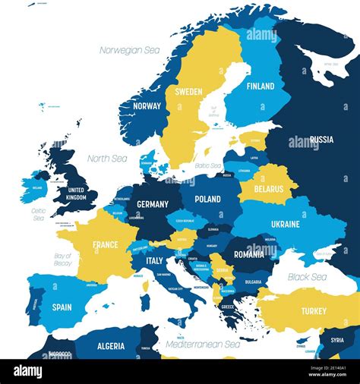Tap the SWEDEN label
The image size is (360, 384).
tap(188, 92)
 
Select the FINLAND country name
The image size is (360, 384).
tap(260, 87)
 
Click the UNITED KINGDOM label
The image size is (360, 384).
tap(77, 194)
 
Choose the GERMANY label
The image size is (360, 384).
tap(152, 204)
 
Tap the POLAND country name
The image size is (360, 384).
tap(207, 199)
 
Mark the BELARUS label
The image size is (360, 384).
tap(268, 189)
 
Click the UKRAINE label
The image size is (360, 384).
tap(285, 225)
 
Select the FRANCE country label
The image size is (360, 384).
tap(105, 245)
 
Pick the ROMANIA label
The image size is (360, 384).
tap(249, 255)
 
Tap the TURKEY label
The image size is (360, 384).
tap(313, 311)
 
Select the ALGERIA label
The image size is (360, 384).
tap(111, 346)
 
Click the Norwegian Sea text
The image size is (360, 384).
tap(130, 50)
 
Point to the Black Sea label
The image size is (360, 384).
tap(308, 277)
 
